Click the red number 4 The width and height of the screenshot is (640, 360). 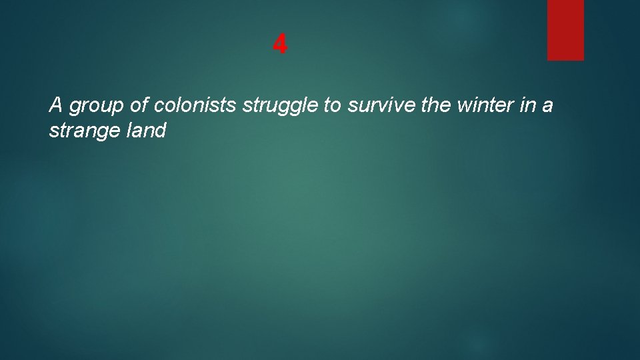tap(280, 45)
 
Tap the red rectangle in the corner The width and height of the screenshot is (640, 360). tap(565, 30)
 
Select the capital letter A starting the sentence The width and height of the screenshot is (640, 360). tap(56, 105)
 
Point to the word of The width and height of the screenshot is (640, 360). tap(138, 105)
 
